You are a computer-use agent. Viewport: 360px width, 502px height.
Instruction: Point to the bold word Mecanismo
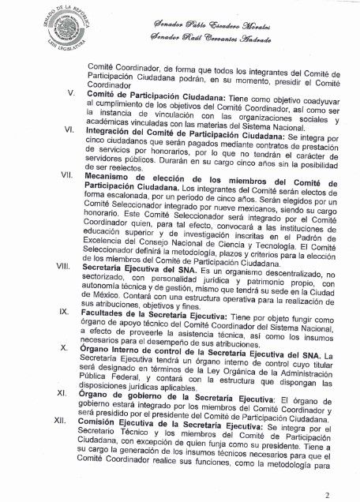point(114,182)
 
